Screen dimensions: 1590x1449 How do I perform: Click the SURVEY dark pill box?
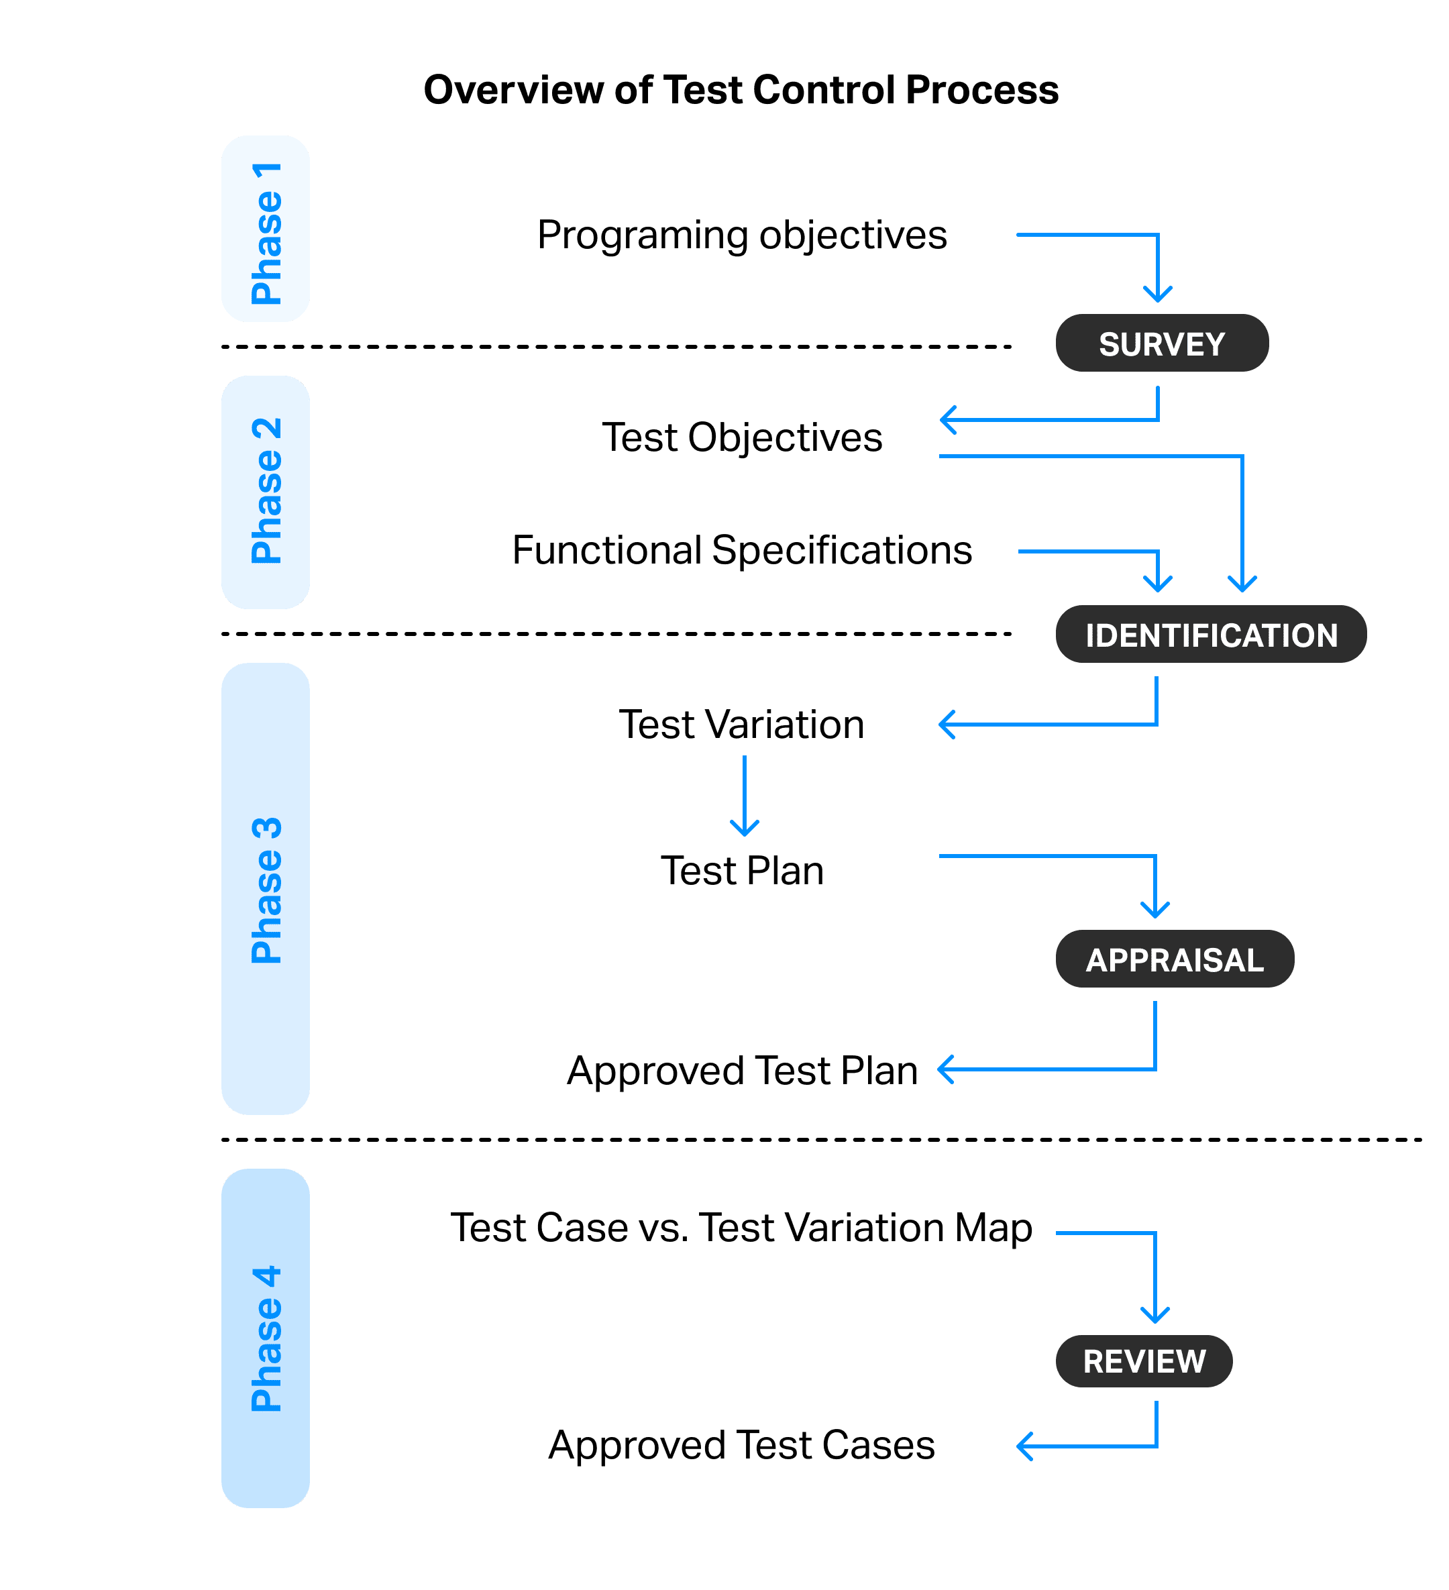1161,343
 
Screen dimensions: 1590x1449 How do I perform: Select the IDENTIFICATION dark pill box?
1210,634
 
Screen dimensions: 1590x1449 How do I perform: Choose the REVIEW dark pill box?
1143,1361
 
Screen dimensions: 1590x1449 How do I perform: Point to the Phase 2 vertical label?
265,491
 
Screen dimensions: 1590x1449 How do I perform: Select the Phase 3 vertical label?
265,889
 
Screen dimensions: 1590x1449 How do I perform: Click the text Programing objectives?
741,235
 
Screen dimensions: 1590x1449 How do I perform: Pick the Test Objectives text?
741,437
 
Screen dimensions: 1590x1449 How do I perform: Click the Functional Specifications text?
741,551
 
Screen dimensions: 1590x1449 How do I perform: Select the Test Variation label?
741,725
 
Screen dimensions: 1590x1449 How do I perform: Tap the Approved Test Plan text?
741,1070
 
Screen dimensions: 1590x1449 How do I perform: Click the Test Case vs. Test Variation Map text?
741,1228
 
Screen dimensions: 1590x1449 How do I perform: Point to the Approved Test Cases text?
741,1445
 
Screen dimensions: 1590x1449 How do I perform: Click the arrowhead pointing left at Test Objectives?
947,419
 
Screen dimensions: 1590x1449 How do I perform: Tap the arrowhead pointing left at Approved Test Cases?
1023,1446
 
